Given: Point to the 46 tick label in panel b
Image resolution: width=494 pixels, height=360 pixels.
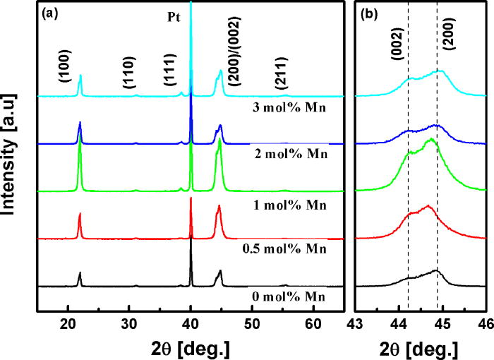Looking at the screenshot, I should click(x=484, y=325).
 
